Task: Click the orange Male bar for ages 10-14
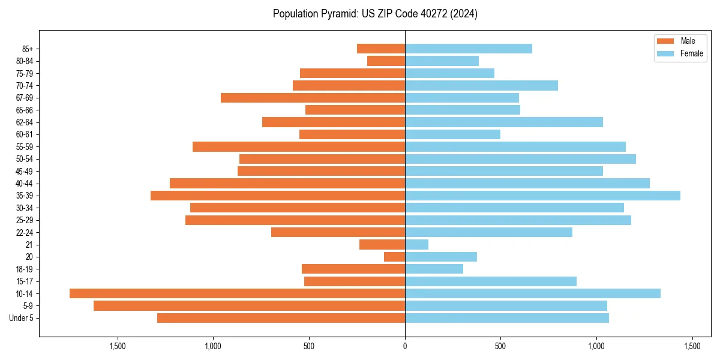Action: click(237, 293)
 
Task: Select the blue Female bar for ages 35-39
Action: click(542, 196)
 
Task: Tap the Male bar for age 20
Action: click(395, 257)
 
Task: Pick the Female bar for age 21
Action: click(416, 245)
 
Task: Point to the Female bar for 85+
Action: click(468, 49)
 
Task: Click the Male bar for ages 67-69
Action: click(313, 98)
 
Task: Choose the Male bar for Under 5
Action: click(281, 318)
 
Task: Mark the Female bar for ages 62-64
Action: click(504, 122)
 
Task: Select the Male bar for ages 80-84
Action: click(386, 61)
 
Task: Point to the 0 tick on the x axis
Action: click(405, 347)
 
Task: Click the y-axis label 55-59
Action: click(25, 147)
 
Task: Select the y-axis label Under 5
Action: click(22, 318)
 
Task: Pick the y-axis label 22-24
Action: click(25, 233)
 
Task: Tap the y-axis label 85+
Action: click(27, 49)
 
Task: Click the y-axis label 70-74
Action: click(25, 86)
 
